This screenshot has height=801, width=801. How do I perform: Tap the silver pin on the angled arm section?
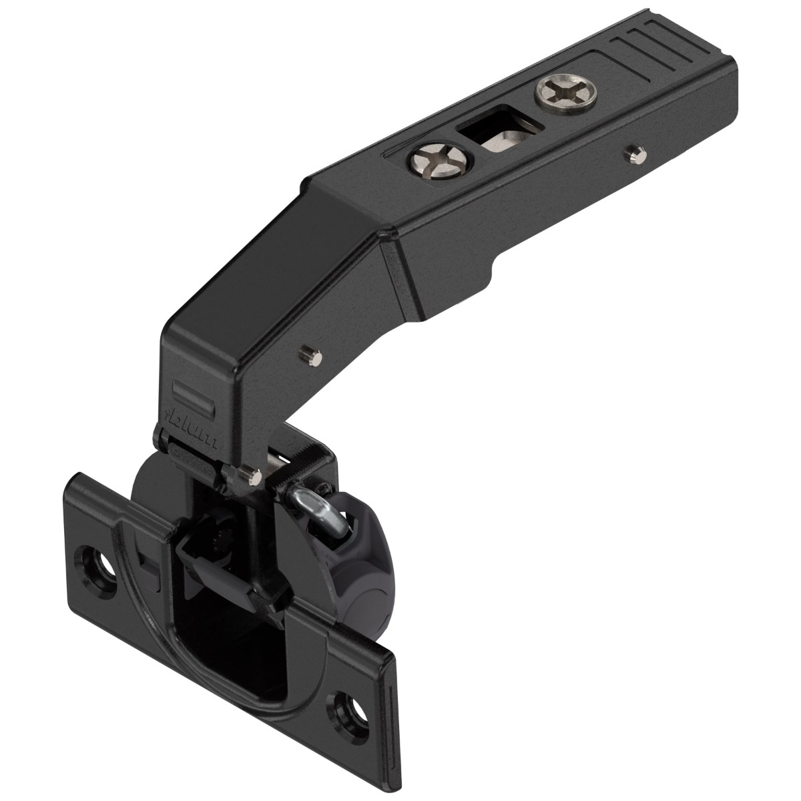tap(308, 352)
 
